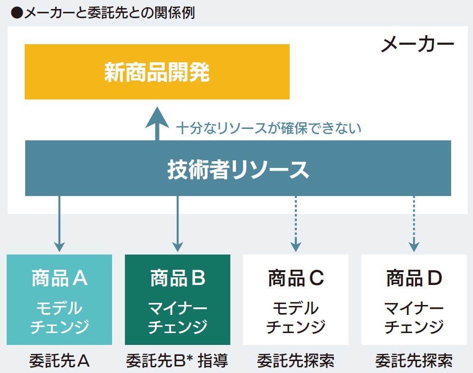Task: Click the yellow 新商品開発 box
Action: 157,72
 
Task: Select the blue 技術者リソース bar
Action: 238,168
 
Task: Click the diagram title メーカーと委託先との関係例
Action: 110,13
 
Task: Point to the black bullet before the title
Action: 17,13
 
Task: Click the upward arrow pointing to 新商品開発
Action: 157,123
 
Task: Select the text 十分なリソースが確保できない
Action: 269,128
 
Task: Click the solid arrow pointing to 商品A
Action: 59,224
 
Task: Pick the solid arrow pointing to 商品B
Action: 178,224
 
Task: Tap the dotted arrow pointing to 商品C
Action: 296,224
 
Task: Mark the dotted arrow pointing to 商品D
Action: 414,224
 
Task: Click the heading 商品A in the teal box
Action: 60,278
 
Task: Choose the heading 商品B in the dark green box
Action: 178,278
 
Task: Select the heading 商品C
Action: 296,278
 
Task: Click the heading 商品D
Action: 414,278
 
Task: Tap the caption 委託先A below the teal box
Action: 59,361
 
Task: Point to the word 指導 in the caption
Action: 213,361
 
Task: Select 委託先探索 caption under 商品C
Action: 296,361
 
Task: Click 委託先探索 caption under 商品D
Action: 414,361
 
